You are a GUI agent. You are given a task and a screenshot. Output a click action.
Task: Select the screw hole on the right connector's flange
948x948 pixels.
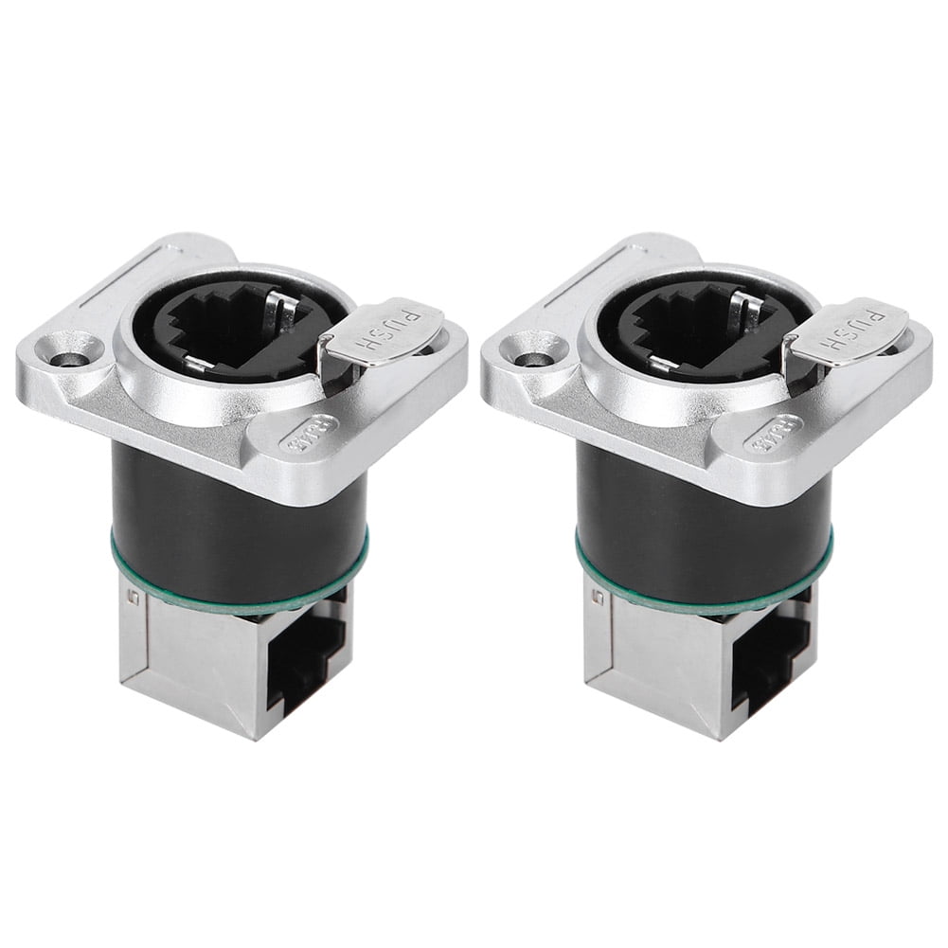pyautogui.click(x=532, y=361)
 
